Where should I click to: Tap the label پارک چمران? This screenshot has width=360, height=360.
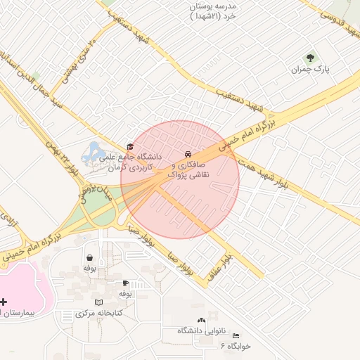(x=311, y=70)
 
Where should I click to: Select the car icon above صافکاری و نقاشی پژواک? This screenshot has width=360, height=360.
(x=187, y=153)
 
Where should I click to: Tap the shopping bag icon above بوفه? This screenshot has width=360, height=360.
(x=89, y=257)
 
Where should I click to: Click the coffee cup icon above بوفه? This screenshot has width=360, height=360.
(x=125, y=283)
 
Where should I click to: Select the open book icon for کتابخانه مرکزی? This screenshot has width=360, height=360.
(x=108, y=302)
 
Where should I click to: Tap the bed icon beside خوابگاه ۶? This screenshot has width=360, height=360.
(x=236, y=336)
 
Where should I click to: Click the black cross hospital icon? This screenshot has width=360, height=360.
(x=5, y=301)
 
